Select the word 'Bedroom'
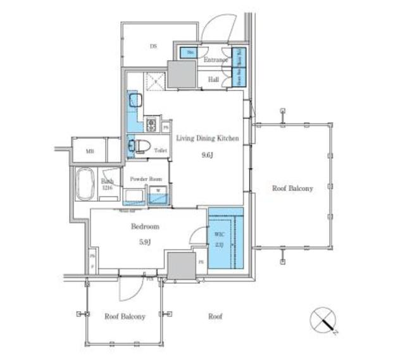pos(145,226)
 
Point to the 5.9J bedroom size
pos(145,240)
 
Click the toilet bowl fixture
pos(142,146)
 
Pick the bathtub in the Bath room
pos(84,184)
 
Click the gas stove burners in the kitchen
pos(151,123)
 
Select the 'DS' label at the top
pos(153,46)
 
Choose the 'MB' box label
pos(89,151)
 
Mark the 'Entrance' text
pos(215,60)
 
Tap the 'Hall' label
pos(214,80)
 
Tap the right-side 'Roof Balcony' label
pos(292,188)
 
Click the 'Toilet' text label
pos(159,151)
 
